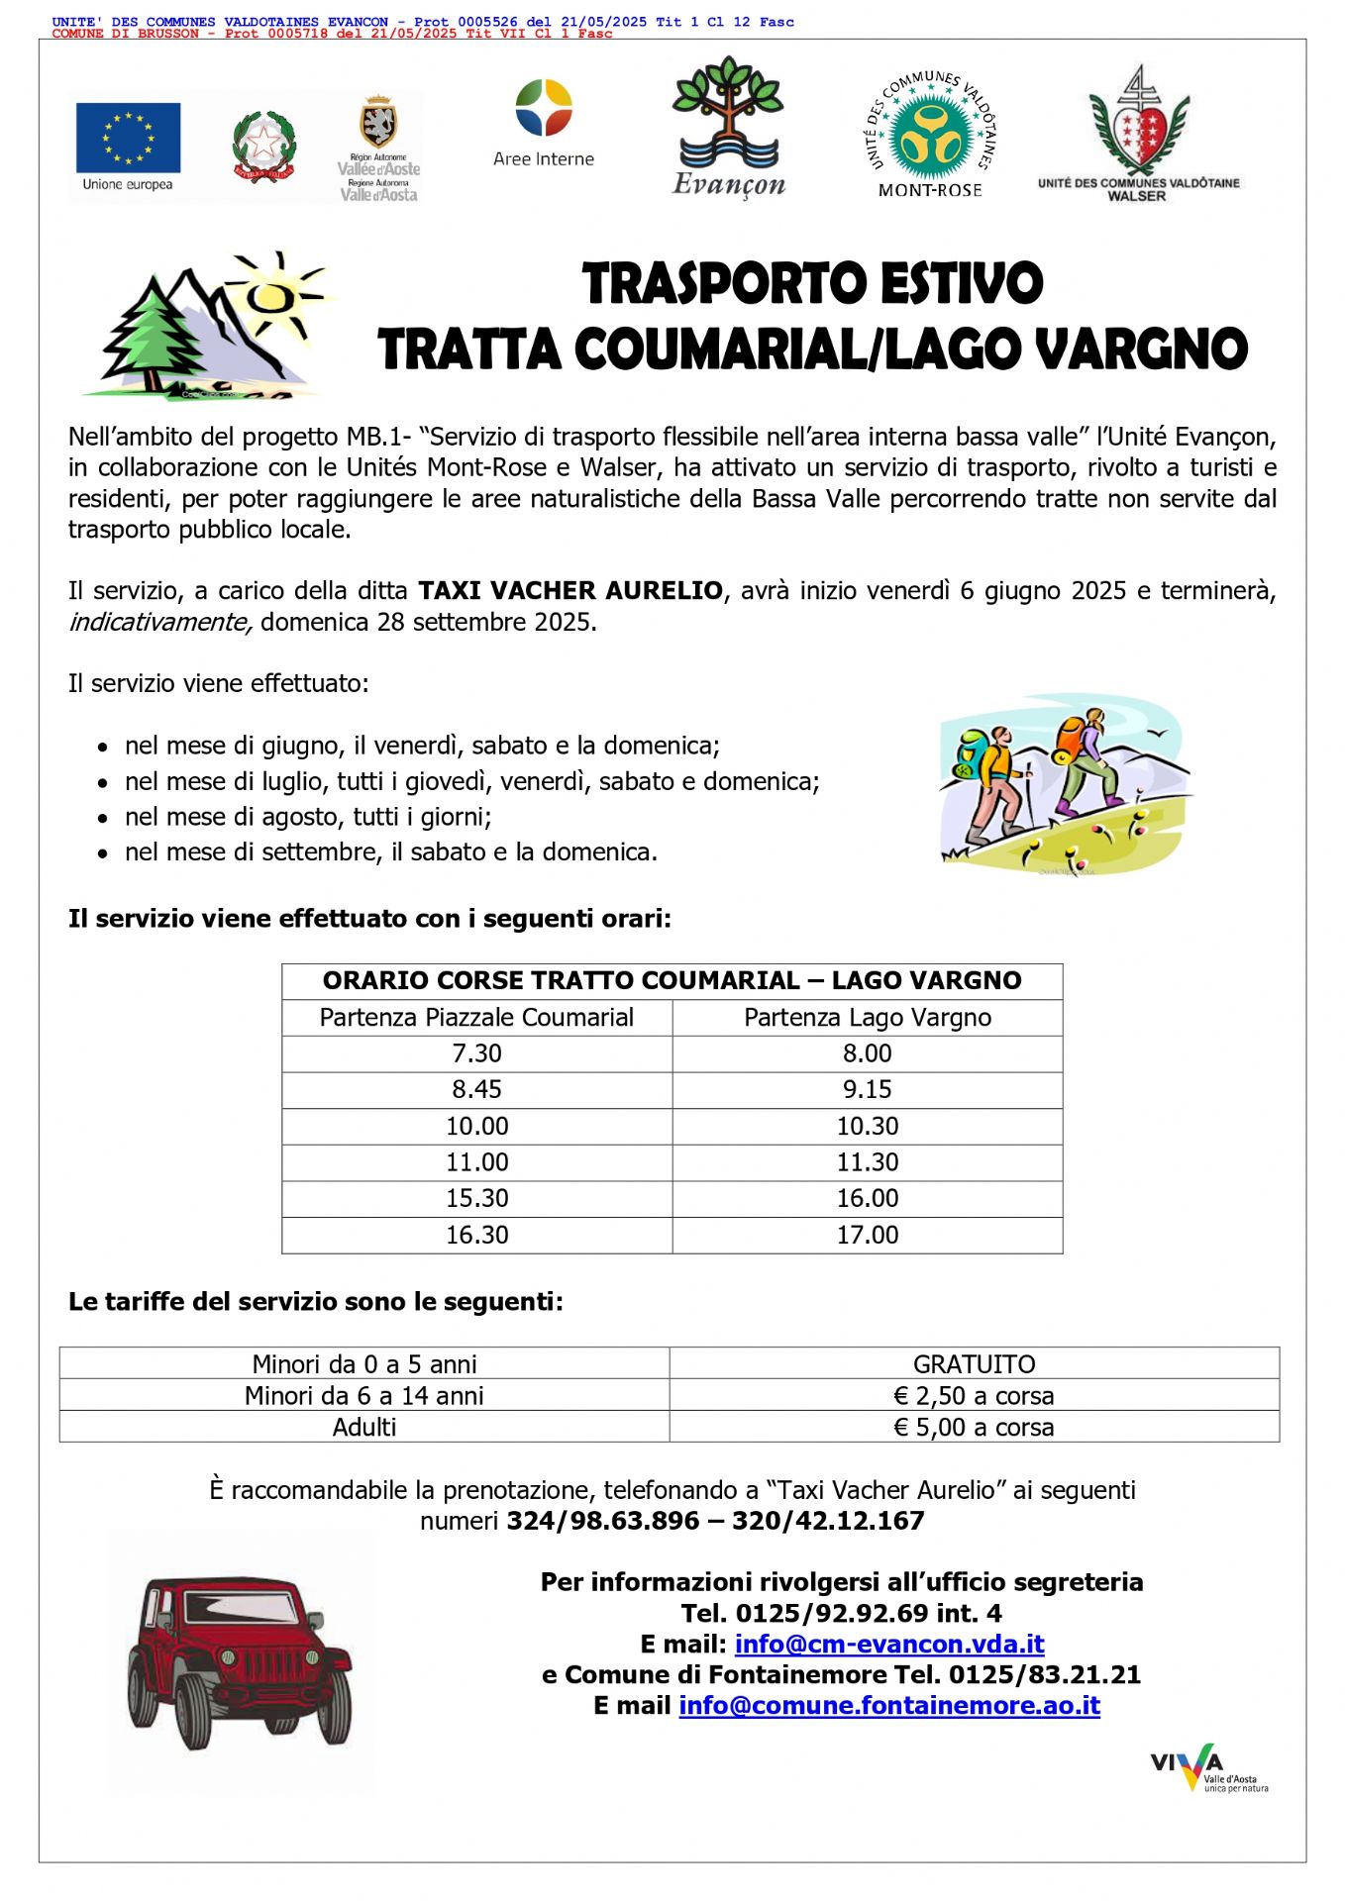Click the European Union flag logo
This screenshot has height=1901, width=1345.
click(128, 138)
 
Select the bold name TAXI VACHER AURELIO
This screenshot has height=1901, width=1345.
click(570, 591)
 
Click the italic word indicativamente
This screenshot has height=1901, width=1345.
click(160, 622)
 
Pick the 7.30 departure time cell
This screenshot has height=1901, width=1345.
click(476, 1053)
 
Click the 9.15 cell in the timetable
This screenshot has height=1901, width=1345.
click(867, 1090)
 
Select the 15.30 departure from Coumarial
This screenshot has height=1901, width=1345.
click(476, 1199)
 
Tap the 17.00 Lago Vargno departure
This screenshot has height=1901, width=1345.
click(867, 1236)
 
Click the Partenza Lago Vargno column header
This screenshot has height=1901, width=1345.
click(867, 1018)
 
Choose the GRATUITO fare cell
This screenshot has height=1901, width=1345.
click(974, 1364)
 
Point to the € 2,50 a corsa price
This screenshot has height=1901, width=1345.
click(974, 1396)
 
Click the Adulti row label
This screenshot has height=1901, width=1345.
click(364, 1427)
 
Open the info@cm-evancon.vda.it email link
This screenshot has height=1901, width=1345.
click(889, 1645)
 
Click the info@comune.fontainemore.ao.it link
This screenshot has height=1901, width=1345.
click(889, 1706)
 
